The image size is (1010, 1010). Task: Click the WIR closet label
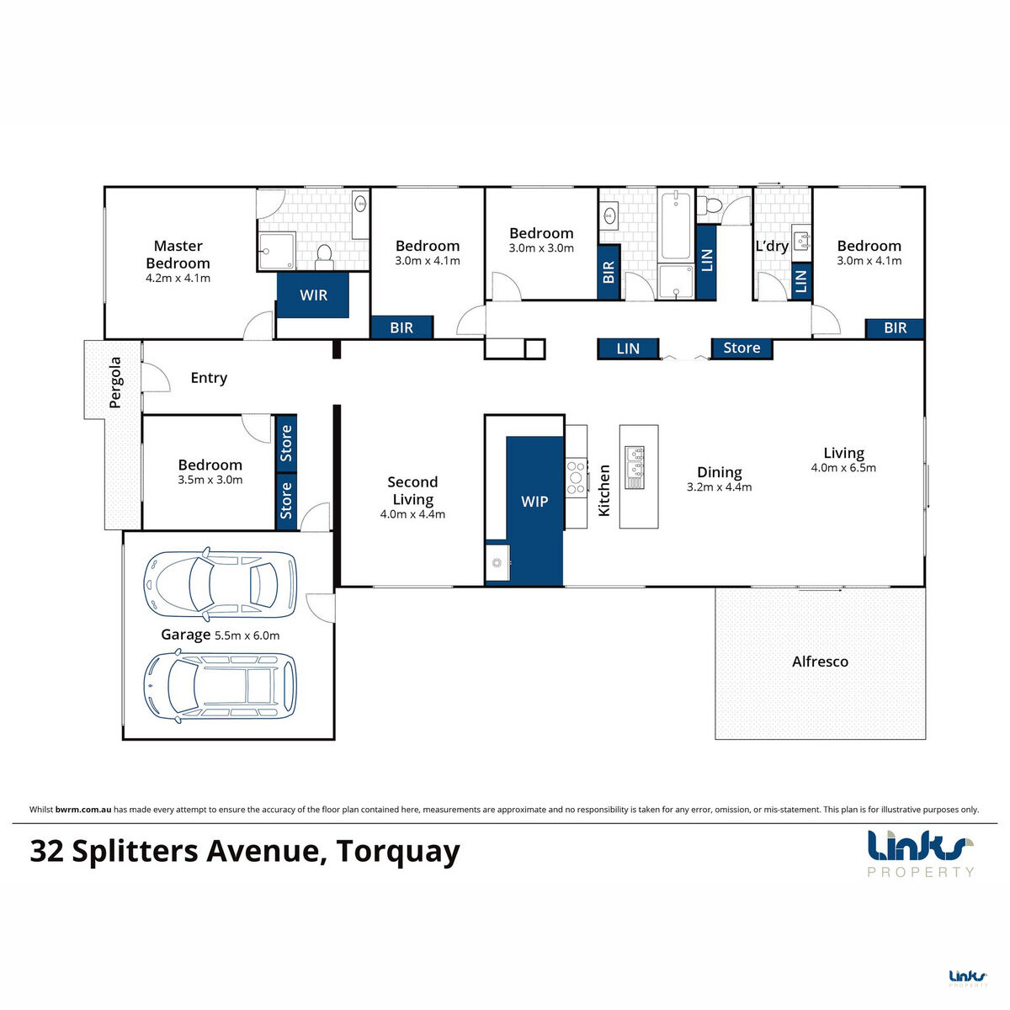(313, 295)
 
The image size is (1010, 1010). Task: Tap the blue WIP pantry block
(534, 502)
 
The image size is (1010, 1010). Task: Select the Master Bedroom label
(178, 254)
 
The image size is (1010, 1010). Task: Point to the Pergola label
(115, 383)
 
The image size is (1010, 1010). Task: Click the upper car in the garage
(221, 582)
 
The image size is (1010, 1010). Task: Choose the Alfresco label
(820, 662)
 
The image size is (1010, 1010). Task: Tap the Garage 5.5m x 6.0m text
(221, 635)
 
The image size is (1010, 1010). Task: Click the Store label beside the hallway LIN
(742, 348)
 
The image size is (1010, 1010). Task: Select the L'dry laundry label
(772, 247)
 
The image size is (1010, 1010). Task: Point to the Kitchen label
(604, 490)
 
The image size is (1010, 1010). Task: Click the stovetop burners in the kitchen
(577, 477)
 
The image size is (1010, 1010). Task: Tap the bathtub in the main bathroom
(676, 226)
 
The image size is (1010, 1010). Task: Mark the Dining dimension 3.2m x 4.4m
(719, 487)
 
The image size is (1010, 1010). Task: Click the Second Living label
(412, 491)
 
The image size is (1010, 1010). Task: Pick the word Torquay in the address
(398, 851)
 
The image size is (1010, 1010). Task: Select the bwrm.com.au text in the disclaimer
(83, 810)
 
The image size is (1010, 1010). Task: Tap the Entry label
(209, 378)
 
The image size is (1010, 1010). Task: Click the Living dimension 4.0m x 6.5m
(843, 468)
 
